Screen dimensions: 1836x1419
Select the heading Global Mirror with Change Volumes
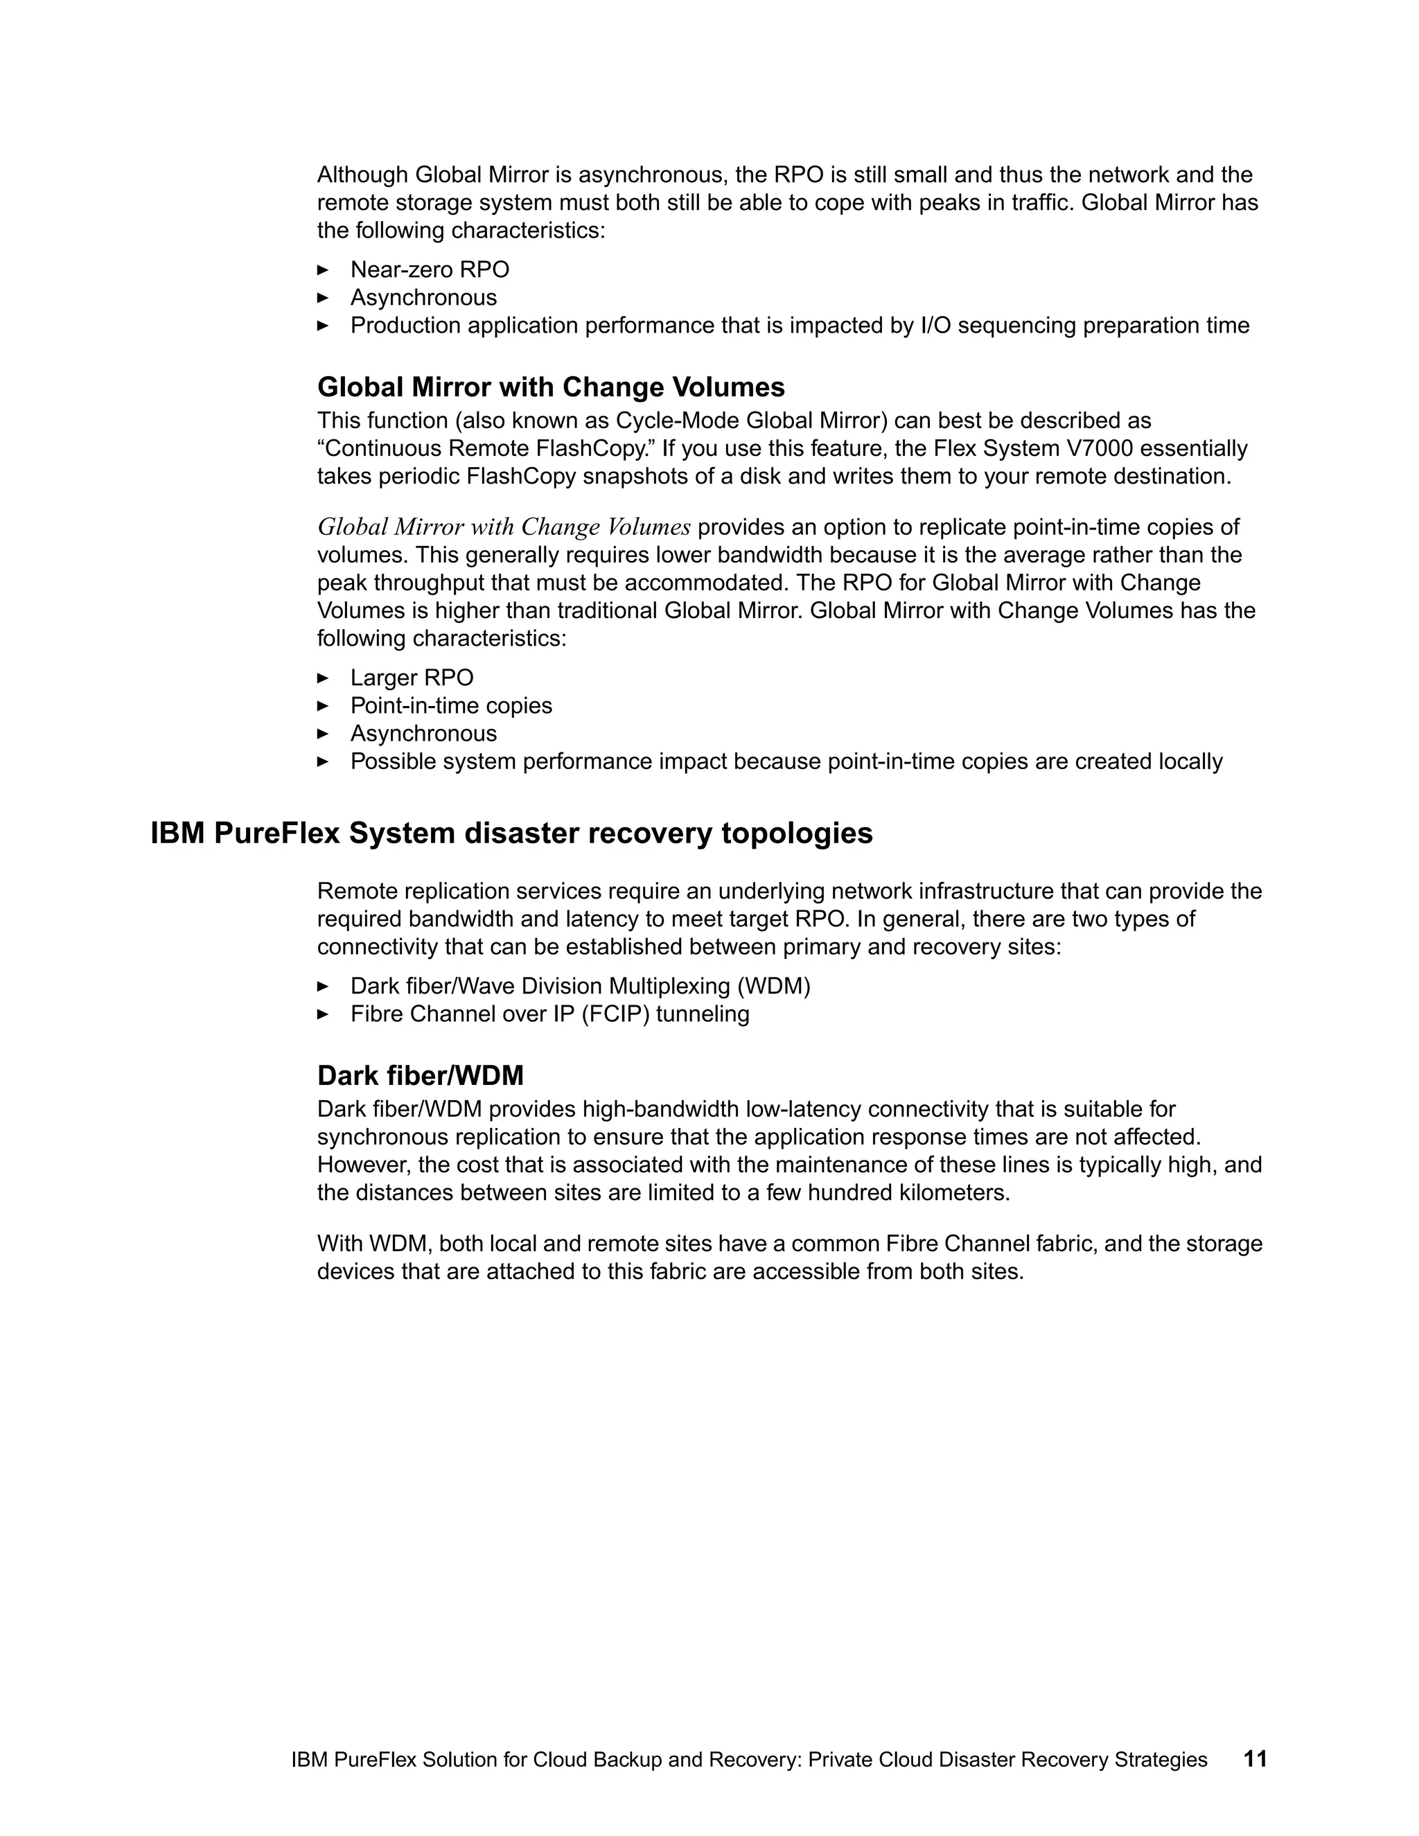(551, 387)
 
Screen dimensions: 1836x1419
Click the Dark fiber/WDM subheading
(421, 1075)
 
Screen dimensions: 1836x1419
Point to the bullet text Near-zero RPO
(430, 270)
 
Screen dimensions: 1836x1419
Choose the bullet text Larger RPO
(412, 678)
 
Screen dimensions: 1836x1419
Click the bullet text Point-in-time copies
(452, 705)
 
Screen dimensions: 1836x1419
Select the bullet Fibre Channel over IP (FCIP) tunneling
(549, 1014)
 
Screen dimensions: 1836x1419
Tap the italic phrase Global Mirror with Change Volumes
(504, 527)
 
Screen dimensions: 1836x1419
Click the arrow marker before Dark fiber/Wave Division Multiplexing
(323, 985)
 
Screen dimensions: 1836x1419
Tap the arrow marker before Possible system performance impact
(323, 761)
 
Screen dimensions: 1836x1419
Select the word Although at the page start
(362, 175)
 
